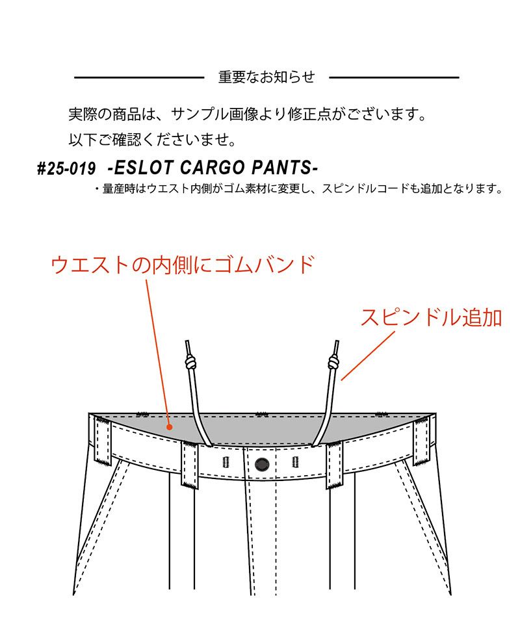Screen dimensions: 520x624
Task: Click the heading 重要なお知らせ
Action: pos(266,77)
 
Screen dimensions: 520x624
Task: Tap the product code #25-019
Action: pos(66,169)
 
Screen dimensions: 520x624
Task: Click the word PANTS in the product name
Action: pos(285,168)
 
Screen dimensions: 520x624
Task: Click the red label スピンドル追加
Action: pos(432,317)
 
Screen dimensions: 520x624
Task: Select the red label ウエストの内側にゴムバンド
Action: pos(183,265)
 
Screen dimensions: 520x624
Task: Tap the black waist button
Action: pos(262,464)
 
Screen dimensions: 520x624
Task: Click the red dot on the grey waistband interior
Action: pos(170,427)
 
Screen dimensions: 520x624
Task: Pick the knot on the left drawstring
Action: pos(190,362)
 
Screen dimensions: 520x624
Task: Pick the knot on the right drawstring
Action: pos(333,362)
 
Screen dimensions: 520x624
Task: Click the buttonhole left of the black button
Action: pos(226,462)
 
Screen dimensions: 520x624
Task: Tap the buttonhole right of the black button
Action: pos(295,462)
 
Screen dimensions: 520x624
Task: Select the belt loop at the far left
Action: pos(103,441)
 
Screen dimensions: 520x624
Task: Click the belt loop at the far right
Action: pos(421,441)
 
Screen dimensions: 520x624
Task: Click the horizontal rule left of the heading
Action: pos(139,77)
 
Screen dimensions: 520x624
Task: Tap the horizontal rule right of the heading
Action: pos(395,77)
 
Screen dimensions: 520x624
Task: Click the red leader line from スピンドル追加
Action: pos(368,356)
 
